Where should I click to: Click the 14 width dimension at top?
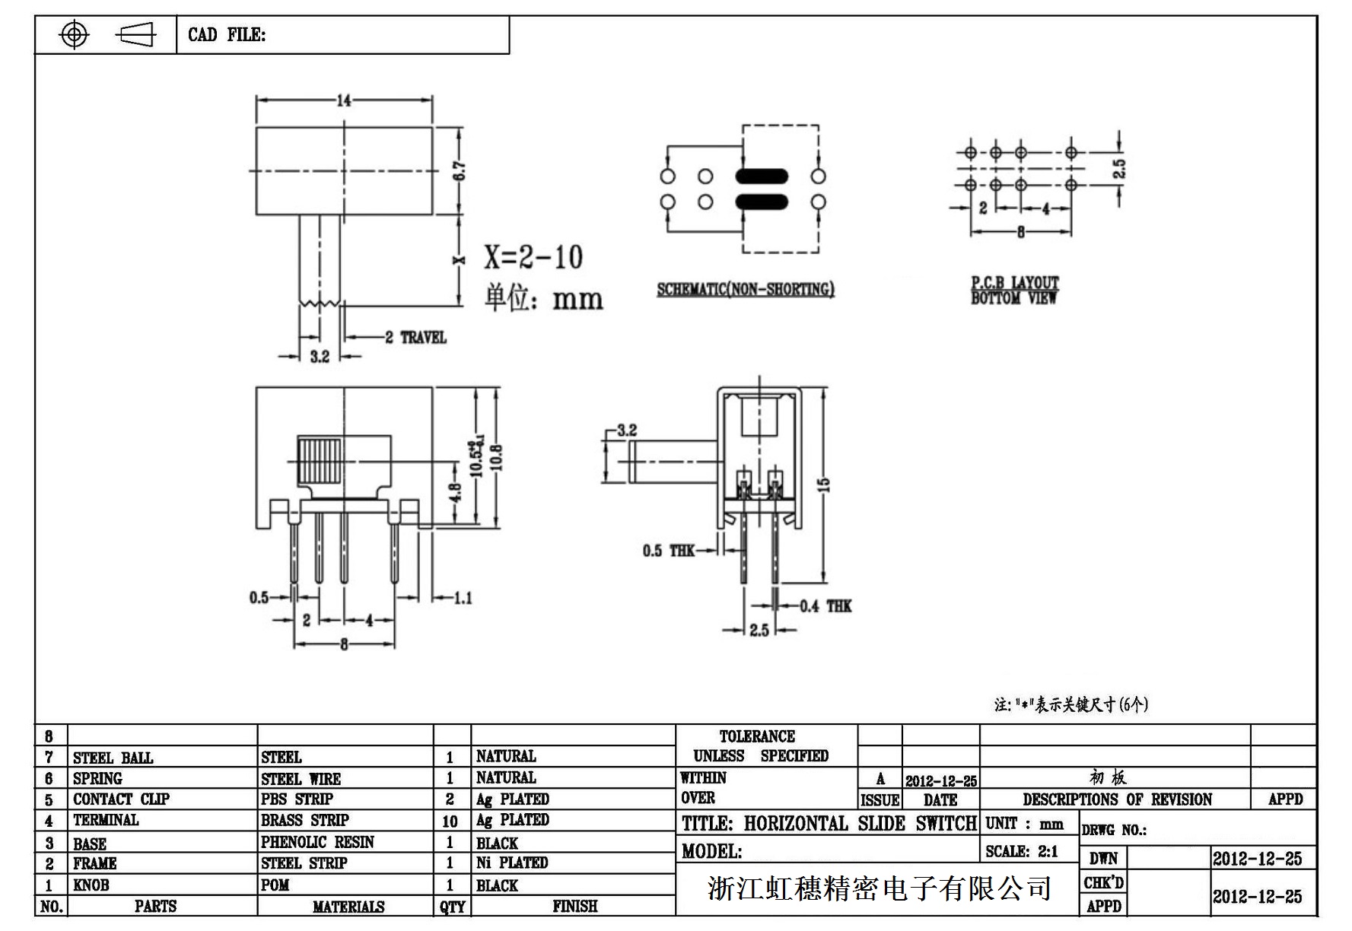[x=344, y=100]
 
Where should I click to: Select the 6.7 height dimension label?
[x=460, y=170]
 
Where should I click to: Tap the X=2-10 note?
[x=534, y=257]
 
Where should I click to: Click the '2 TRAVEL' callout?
[x=415, y=337]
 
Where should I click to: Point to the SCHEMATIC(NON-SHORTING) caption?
[x=746, y=289]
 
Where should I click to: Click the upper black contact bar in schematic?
[x=762, y=176]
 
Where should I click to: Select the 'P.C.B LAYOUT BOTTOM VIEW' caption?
[x=1014, y=291]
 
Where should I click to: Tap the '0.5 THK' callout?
[x=668, y=550]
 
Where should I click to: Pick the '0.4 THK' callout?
[x=826, y=606]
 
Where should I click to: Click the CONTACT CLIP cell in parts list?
[x=121, y=799]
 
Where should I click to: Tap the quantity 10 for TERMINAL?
[x=450, y=821]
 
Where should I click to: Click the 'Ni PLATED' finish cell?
[x=512, y=863]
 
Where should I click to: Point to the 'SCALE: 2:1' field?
[x=1022, y=851]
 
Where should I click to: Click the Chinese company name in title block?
[x=879, y=888]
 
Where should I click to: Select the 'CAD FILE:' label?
[x=227, y=35]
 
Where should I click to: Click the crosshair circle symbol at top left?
[x=74, y=34]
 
